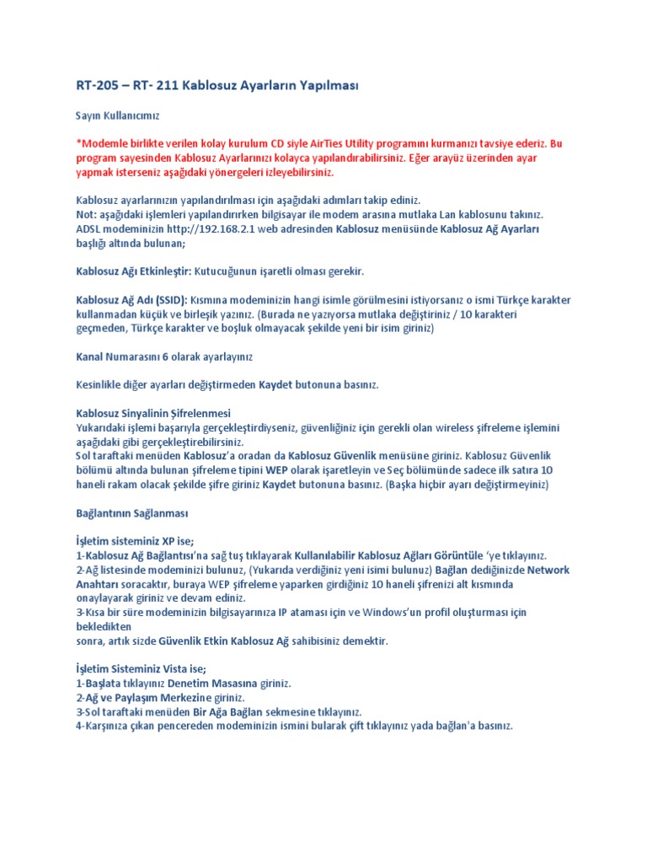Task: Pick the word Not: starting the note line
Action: [88, 214]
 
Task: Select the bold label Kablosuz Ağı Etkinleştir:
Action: [135, 271]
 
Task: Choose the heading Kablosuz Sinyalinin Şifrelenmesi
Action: [153, 413]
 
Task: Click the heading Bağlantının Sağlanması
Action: [132, 512]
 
